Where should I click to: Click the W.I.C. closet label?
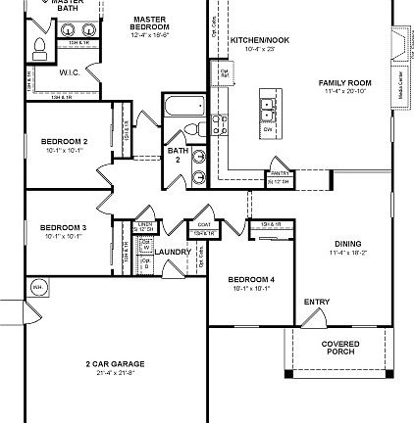click(x=69, y=72)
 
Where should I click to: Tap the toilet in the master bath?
click(x=40, y=49)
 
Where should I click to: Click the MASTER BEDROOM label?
click(x=149, y=23)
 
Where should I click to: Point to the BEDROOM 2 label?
click(x=64, y=141)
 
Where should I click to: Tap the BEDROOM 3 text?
click(x=64, y=227)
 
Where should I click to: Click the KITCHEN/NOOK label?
click(x=260, y=40)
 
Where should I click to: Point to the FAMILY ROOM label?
click(x=344, y=83)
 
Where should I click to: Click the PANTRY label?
click(x=278, y=173)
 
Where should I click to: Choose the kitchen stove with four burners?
click(x=219, y=124)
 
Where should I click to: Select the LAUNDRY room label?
click(x=173, y=252)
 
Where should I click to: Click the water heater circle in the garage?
click(x=37, y=287)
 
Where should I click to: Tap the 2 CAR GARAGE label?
click(x=115, y=364)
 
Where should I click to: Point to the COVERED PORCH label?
click(x=340, y=347)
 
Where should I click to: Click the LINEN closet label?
click(x=145, y=224)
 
